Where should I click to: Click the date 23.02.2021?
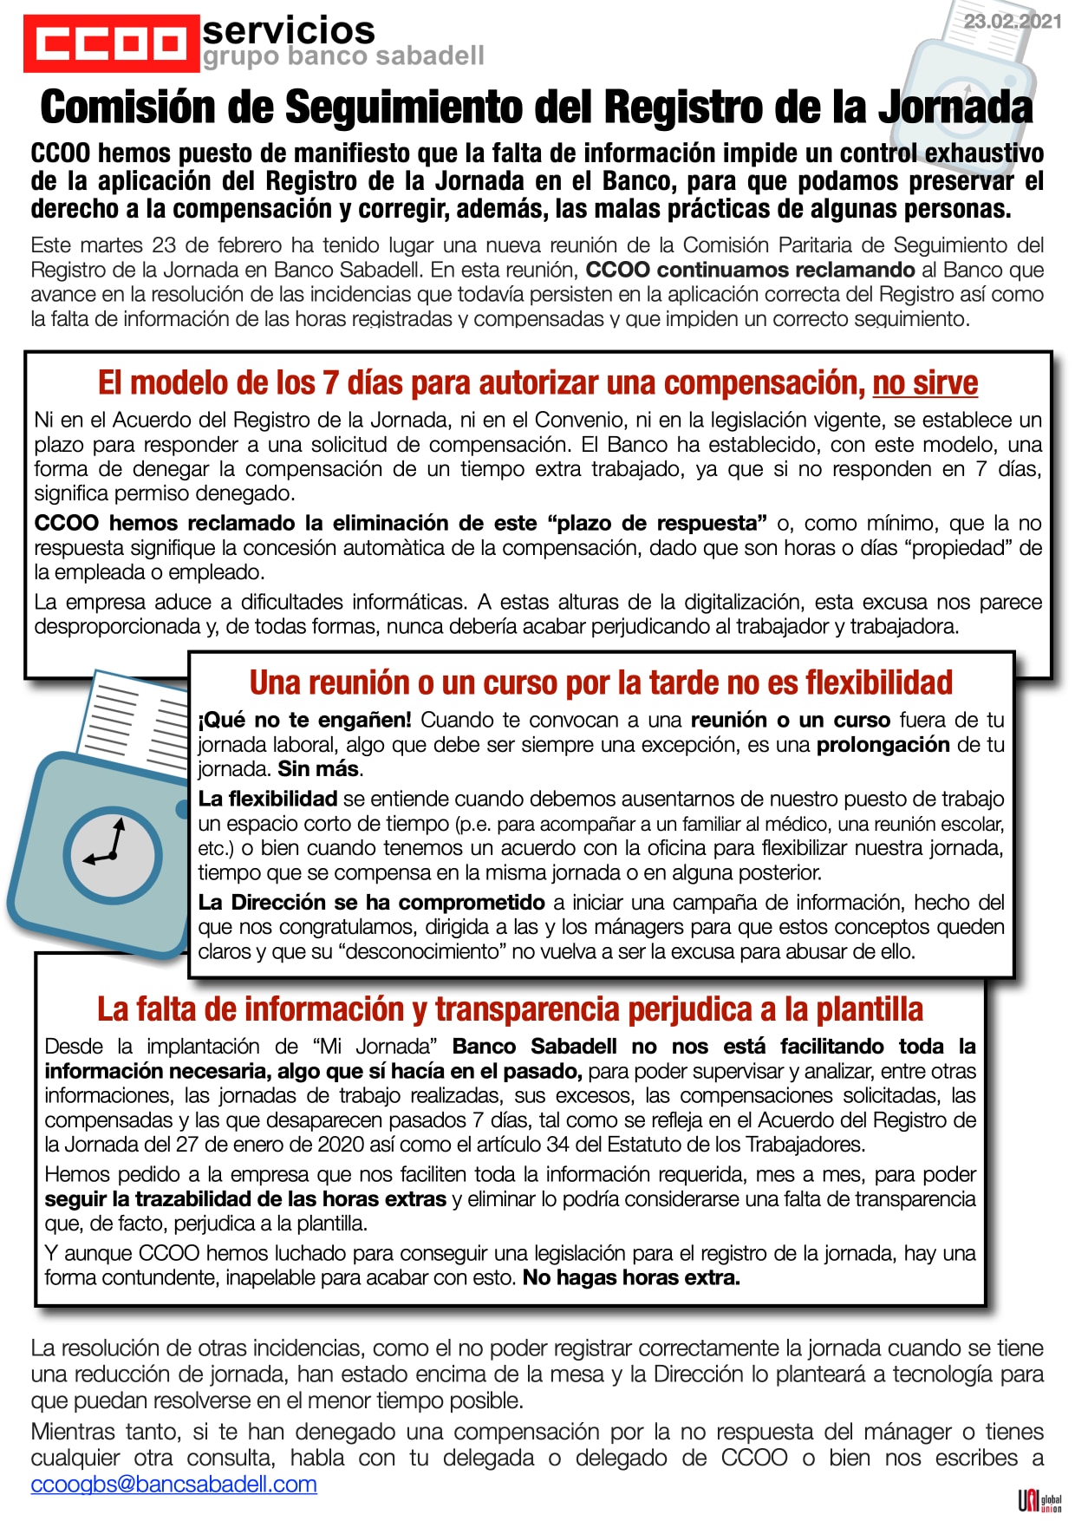click(1012, 22)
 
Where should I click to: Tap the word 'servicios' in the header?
click(288, 30)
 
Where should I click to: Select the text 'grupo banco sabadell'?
click(343, 56)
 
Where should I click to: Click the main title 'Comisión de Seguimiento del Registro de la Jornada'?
click(537, 108)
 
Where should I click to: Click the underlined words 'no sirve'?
click(924, 382)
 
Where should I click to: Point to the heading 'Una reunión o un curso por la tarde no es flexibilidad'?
click(601, 682)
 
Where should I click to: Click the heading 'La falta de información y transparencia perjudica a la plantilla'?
click(510, 1009)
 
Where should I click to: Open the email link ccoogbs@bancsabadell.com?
click(173, 1484)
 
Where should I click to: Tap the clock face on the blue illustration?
click(113, 855)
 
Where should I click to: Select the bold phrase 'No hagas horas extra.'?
click(631, 1277)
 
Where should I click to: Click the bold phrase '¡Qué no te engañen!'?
click(305, 720)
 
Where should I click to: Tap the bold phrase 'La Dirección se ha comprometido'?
click(371, 902)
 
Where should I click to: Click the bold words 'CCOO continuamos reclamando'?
click(750, 270)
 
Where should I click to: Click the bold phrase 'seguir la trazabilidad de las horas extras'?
click(245, 1198)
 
